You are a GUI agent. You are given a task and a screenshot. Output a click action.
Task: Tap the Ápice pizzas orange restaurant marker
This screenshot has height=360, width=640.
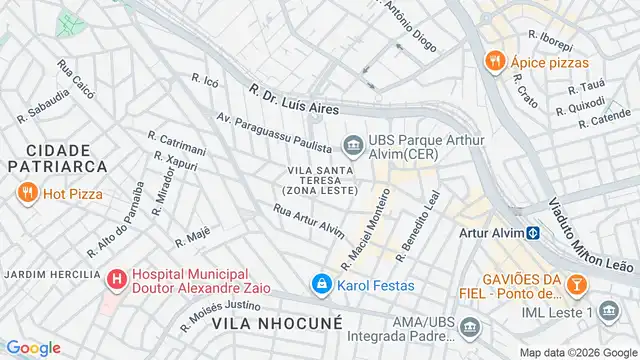pos(492,61)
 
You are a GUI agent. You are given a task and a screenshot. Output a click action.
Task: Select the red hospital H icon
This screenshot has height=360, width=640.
pos(117,277)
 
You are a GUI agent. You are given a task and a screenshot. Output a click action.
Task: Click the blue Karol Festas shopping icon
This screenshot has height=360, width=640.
pos(320,285)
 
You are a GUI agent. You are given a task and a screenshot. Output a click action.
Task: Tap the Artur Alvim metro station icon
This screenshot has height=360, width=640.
pos(534,233)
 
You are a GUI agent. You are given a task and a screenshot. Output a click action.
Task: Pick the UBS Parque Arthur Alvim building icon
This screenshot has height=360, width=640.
pos(352,147)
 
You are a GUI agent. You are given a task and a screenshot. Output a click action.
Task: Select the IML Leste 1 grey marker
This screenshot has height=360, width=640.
pos(609,313)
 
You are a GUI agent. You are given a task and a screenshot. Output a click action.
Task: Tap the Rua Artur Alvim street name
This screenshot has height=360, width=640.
pos(308,220)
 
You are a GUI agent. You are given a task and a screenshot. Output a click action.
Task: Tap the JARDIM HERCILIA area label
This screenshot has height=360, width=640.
pos(51,274)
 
